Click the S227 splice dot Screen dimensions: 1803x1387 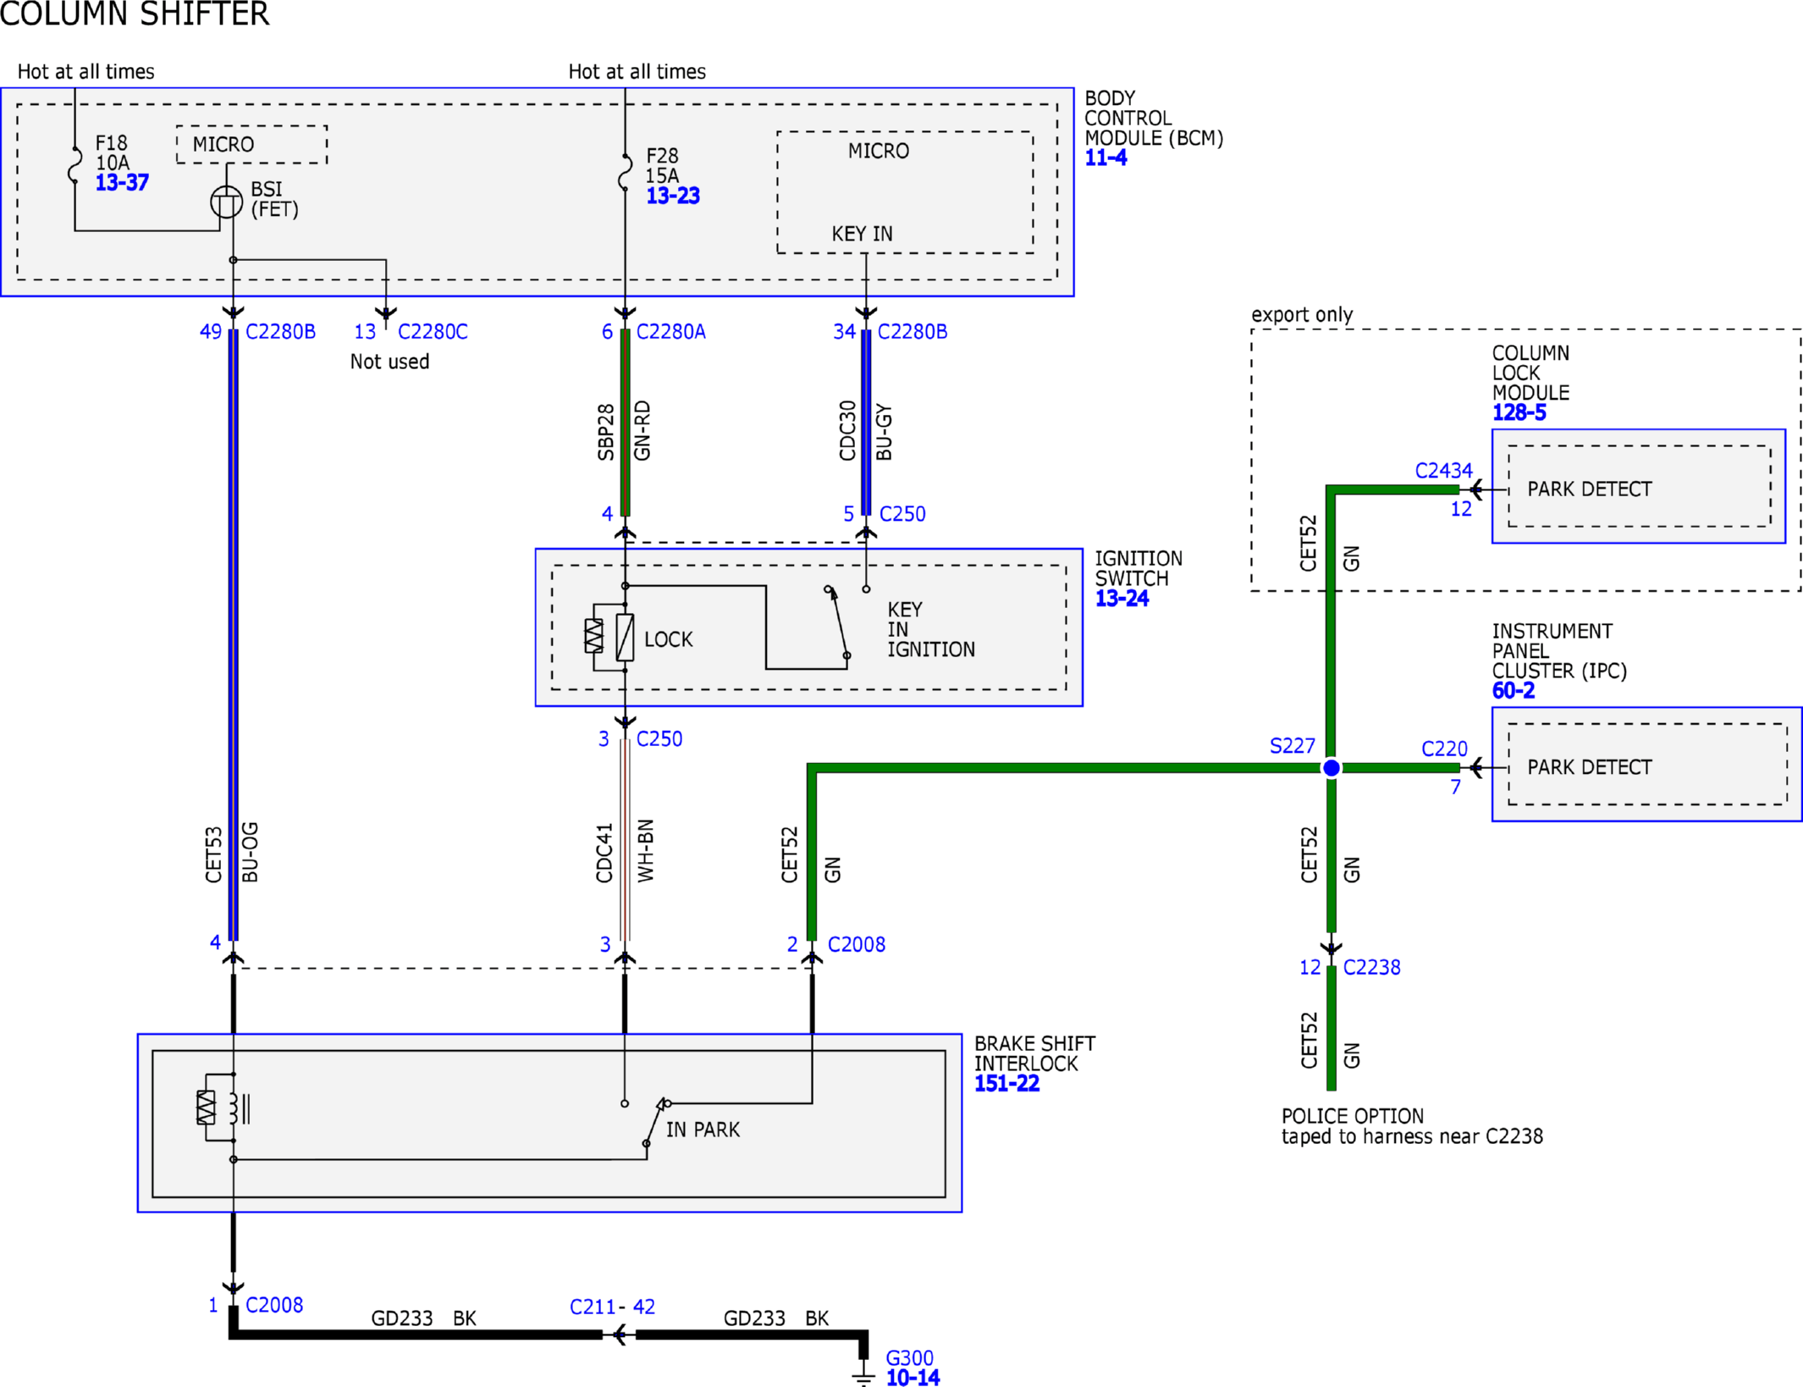(x=1331, y=768)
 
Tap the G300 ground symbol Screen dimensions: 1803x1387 (x=863, y=1373)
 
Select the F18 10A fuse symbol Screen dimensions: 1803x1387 (x=74, y=165)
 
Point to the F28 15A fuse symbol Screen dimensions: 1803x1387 (x=625, y=173)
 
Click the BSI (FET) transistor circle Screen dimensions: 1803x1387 (x=226, y=202)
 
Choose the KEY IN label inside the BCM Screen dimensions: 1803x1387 (x=862, y=234)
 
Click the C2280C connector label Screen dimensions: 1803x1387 (x=433, y=332)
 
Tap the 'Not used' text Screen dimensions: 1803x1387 (x=389, y=362)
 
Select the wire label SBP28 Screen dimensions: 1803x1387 (x=605, y=432)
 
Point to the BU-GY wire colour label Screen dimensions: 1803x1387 (x=884, y=432)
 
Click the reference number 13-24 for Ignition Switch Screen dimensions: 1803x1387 (x=1122, y=599)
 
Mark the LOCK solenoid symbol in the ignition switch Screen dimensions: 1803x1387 (x=625, y=638)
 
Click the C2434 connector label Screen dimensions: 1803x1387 (x=1443, y=471)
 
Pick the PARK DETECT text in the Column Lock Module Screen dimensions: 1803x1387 (x=1589, y=489)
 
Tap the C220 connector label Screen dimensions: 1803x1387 (x=1444, y=749)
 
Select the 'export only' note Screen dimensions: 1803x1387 (x=1302, y=315)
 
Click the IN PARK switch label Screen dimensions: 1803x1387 (x=703, y=1130)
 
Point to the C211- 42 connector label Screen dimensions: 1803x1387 (x=612, y=1307)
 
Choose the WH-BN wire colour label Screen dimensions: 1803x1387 (x=646, y=850)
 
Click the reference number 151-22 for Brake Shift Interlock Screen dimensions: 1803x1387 (x=1006, y=1084)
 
